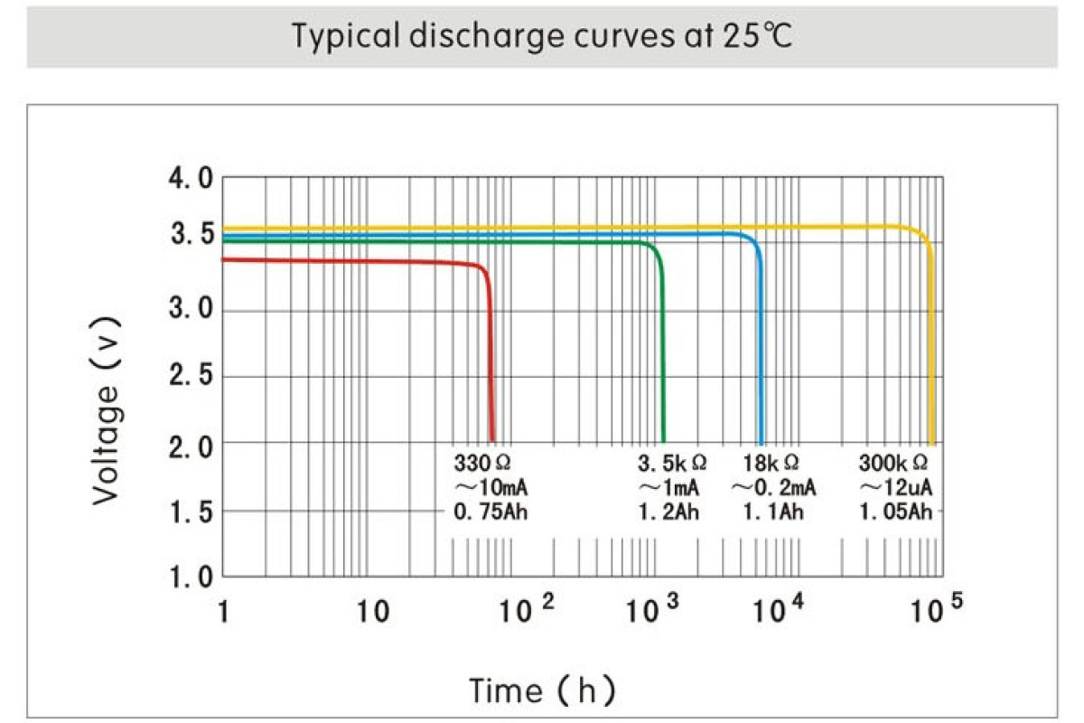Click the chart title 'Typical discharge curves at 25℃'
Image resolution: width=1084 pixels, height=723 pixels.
point(542,37)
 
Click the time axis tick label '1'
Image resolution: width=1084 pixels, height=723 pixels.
point(223,612)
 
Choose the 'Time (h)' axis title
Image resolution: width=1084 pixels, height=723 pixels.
point(542,690)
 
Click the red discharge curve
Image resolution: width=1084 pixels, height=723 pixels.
point(361,262)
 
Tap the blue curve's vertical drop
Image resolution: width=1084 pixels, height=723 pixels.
point(761,361)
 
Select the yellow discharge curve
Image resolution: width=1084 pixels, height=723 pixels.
point(542,228)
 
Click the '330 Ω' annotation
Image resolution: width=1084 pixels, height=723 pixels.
point(481,464)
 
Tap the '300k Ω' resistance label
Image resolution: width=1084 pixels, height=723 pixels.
point(893,464)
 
